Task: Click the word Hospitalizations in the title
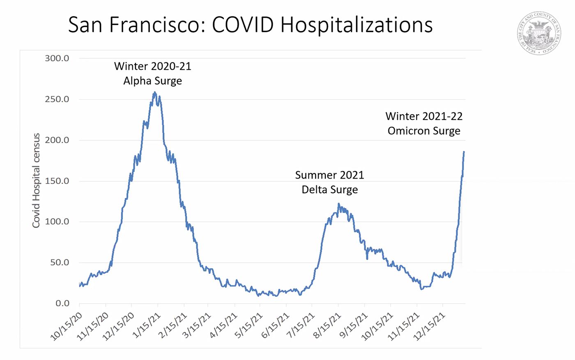click(356, 25)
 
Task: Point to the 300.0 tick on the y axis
click(57, 58)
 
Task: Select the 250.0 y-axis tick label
click(57, 99)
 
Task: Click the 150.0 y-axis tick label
click(57, 181)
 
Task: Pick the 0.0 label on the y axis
click(62, 303)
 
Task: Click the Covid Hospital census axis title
click(36, 181)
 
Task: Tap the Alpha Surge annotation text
click(152, 81)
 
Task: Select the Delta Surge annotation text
click(329, 190)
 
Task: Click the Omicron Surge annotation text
click(424, 131)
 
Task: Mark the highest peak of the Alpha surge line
click(154, 93)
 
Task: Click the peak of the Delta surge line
click(338, 204)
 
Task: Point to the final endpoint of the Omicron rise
click(464, 152)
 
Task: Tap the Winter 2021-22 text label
click(424, 116)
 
